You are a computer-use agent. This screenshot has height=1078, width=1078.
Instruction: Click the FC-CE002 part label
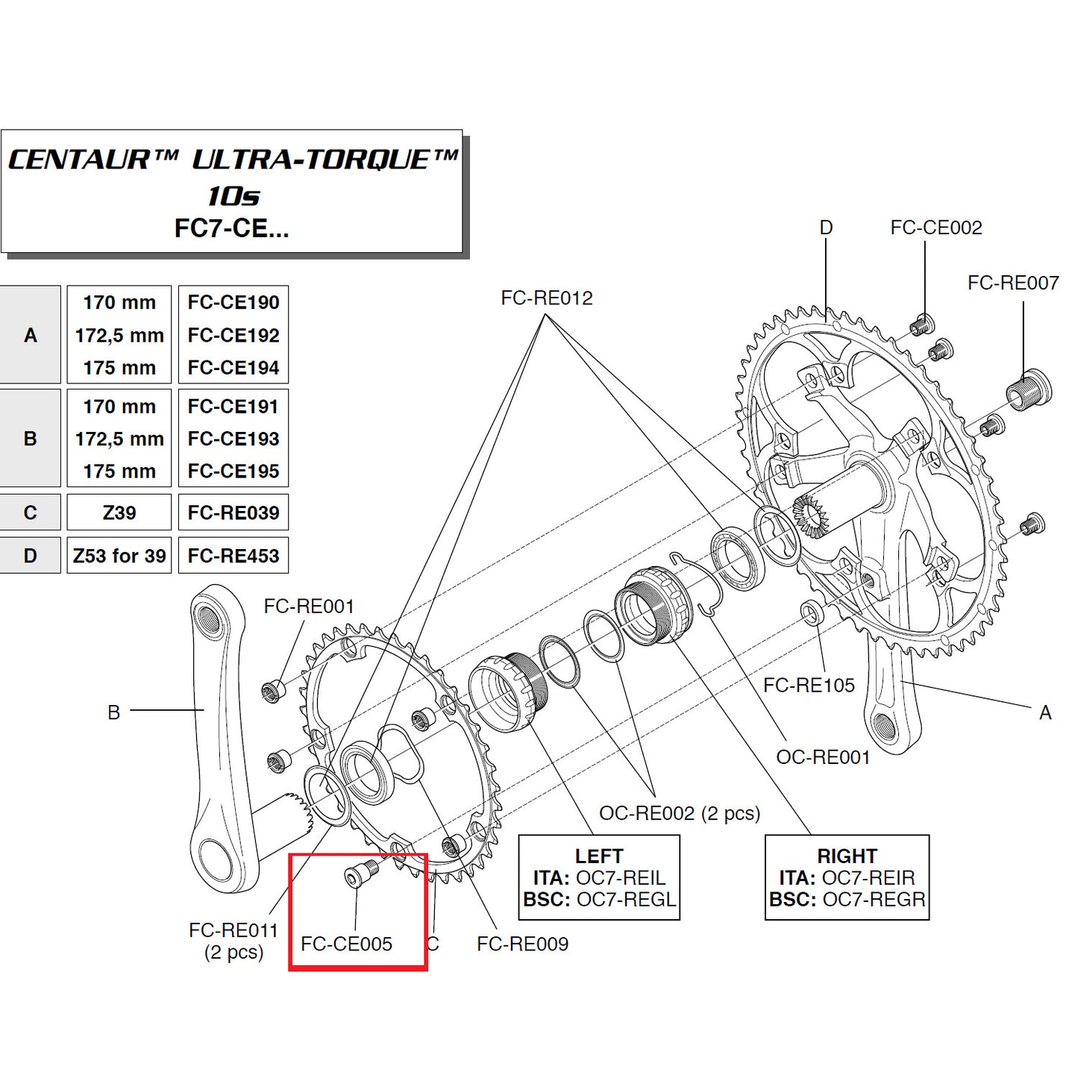tap(936, 228)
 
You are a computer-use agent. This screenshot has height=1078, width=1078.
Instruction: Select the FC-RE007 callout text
tap(1012, 283)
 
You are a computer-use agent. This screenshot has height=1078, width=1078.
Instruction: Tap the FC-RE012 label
tap(546, 298)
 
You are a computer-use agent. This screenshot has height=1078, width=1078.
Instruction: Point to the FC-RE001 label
tap(309, 606)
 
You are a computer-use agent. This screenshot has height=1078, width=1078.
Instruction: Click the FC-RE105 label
tap(809, 685)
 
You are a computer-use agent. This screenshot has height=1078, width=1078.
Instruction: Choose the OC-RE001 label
tap(823, 757)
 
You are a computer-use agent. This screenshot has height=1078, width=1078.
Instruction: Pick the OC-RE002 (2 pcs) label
tap(680, 813)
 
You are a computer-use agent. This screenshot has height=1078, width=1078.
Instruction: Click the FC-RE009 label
tap(522, 944)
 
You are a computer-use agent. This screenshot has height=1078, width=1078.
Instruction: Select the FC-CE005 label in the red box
tap(346, 944)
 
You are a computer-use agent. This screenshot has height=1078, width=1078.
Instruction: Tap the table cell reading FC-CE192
tap(233, 335)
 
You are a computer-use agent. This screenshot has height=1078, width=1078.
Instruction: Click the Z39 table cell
tap(119, 513)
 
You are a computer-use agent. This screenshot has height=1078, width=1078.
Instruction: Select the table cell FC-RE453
tap(233, 556)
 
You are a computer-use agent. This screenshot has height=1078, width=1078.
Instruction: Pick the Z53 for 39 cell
tap(119, 556)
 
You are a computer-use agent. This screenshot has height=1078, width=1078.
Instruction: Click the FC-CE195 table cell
tap(233, 471)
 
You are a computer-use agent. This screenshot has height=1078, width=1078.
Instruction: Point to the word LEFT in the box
tap(598, 856)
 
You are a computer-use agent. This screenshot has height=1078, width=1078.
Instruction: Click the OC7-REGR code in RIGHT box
tap(874, 900)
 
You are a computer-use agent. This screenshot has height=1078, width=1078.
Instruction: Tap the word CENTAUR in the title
tap(79, 160)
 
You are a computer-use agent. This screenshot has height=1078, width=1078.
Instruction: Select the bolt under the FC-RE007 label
tap(1029, 390)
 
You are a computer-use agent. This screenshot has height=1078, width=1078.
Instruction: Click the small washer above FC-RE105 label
tap(812, 612)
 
